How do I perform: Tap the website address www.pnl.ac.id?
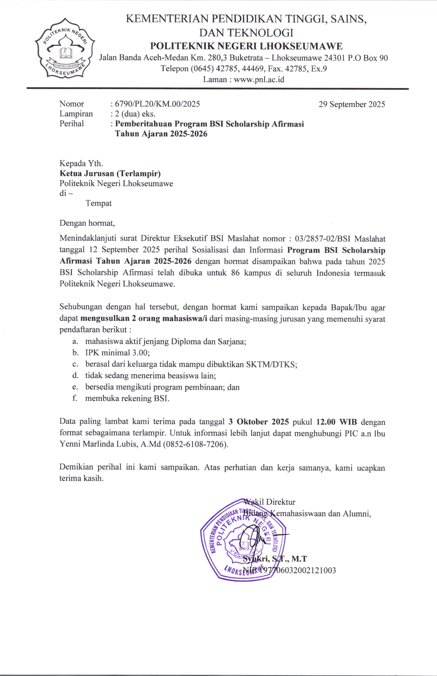point(259,80)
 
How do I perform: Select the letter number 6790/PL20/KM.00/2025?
point(157,104)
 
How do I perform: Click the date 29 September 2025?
point(351,104)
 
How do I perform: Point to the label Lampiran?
point(76,114)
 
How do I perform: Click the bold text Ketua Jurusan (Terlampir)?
point(110,173)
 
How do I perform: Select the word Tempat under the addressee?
point(98,203)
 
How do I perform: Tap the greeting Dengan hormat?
point(87,223)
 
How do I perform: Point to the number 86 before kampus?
point(235,273)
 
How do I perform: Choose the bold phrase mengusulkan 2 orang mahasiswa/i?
point(144,318)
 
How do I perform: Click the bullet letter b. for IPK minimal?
point(76,353)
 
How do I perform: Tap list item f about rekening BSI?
point(127,398)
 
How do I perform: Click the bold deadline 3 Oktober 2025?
point(258,422)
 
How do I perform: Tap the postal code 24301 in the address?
point(335,58)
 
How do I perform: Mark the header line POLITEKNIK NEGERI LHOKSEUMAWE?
point(246,46)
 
